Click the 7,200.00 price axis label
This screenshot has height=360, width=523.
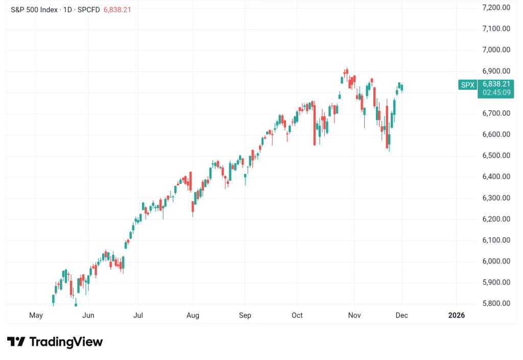coord(496,7)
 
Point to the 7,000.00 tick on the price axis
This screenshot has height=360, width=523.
coord(496,50)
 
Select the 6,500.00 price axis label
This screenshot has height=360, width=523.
coord(496,155)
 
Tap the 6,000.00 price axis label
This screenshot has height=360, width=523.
coord(496,261)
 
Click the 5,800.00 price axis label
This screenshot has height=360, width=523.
coord(496,303)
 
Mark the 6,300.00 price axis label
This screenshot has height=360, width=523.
coord(496,198)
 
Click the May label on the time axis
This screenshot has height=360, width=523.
coord(36,315)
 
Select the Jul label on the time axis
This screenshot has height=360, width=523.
coord(138,315)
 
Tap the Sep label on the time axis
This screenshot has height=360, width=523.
coord(245,315)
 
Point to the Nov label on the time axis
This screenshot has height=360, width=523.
coord(354,315)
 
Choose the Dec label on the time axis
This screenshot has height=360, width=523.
coord(402,315)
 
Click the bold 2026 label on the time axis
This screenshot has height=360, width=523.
coord(456,315)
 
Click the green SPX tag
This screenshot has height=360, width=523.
coord(467,85)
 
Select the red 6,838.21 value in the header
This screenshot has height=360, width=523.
coord(117,10)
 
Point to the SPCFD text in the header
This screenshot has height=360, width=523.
coord(89,10)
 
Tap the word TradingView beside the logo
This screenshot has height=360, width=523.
coord(66,342)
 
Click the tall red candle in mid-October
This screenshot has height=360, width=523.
coord(315,125)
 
